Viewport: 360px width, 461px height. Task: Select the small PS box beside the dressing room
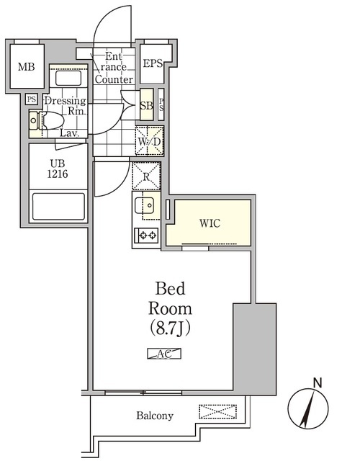pyautogui.click(x=32, y=99)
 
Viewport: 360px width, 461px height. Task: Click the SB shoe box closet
pyautogui.click(x=145, y=106)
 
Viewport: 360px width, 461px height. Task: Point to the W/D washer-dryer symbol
pyautogui.click(x=150, y=140)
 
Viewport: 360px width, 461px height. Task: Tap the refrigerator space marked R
pyautogui.click(x=146, y=176)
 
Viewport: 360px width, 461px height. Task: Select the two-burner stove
pyautogui.click(x=147, y=234)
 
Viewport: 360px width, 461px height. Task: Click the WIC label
pyautogui.click(x=210, y=223)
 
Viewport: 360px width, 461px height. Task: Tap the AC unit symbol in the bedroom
pyautogui.click(x=164, y=353)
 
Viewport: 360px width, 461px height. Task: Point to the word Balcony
pyautogui.click(x=155, y=416)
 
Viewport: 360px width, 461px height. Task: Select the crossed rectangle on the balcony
pyautogui.click(x=217, y=412)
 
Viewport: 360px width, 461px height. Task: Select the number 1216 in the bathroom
pyautogui.click(x=58, y=174)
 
